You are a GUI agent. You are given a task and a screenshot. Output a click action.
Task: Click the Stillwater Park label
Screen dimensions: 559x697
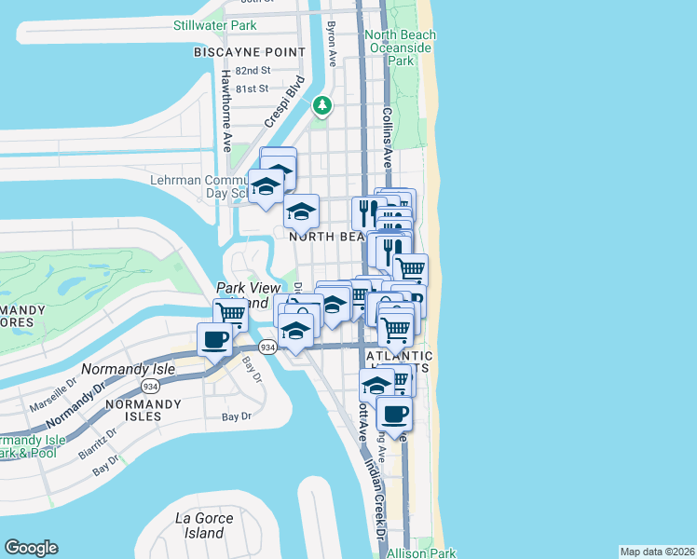214,25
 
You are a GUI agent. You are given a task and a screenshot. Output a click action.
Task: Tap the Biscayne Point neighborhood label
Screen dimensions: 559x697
249,52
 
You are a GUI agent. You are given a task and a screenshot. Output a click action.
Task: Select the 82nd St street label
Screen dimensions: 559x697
253,71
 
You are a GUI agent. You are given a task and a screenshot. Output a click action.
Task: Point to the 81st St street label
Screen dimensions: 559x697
252,89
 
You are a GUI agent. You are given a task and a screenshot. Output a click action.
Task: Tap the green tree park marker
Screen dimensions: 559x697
322,106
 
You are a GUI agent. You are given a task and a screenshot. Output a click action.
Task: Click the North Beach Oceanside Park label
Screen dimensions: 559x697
401,48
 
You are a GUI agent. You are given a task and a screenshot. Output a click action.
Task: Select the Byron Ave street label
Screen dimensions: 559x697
332,44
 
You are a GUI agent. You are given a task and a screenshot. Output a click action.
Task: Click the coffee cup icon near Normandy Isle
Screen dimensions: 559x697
214,340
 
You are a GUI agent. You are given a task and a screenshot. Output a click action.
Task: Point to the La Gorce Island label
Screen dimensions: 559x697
199,525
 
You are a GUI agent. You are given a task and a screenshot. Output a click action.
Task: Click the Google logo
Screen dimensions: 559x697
32,548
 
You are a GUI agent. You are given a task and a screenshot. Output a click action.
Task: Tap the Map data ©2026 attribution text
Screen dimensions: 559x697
656,552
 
